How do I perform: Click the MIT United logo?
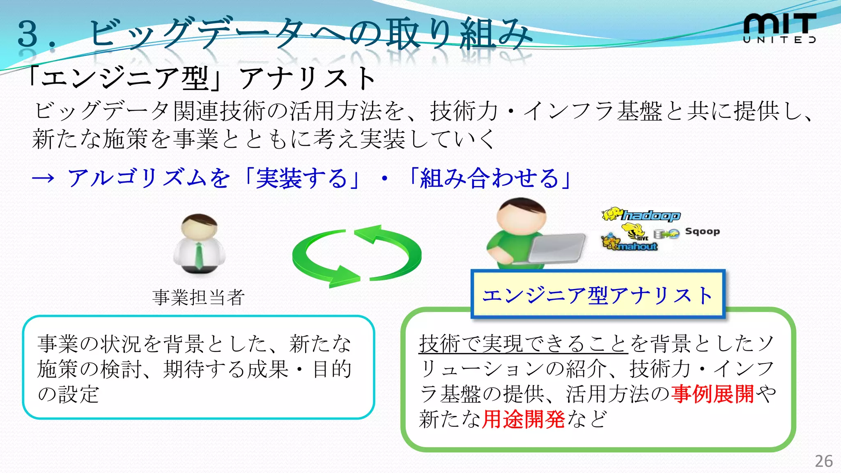tap(779, 28)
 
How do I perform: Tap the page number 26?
tap(823, 461)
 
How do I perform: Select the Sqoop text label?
tap(702, 232)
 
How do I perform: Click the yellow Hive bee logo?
tap(634, 232)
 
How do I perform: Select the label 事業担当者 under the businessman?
tap(199, 297)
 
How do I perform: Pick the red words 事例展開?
tap(713, 394)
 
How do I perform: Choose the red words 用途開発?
tap(523, 419)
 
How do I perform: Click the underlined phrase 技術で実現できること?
tap(523, 343)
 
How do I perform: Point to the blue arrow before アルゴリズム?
tap(43, 178)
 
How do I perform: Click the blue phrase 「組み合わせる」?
tap(489, 178)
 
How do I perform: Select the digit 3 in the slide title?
tap(28, 34)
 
